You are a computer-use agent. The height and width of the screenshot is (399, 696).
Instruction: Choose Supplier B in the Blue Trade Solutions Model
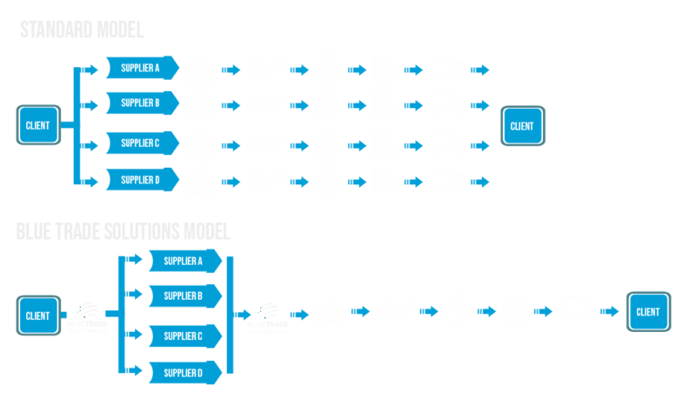pyautogui.click(x=184, y=296)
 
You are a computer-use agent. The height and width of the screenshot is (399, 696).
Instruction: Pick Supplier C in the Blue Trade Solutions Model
pyautogui.click(x=184, y=335)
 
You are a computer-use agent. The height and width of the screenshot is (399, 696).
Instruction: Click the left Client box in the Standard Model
pyautogui.click(x=38, y=125)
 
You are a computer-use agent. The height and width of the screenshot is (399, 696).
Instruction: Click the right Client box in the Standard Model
pyautogui.click(x=523, y=125)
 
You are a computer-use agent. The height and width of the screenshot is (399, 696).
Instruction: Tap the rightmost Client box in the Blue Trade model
pyautogui.click(x=648, y=311)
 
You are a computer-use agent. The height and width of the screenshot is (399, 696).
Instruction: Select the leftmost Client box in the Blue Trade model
pyautogui.click(x=38, y=315)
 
